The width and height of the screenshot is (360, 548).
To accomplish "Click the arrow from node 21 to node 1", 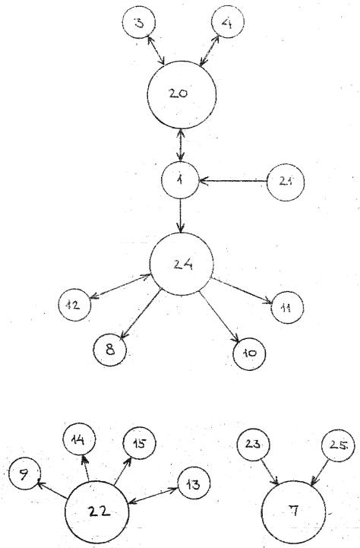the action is (233, 181).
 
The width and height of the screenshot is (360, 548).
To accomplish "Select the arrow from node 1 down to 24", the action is (180, 216).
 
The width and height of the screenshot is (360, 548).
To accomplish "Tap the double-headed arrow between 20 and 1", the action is (180, 145).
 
